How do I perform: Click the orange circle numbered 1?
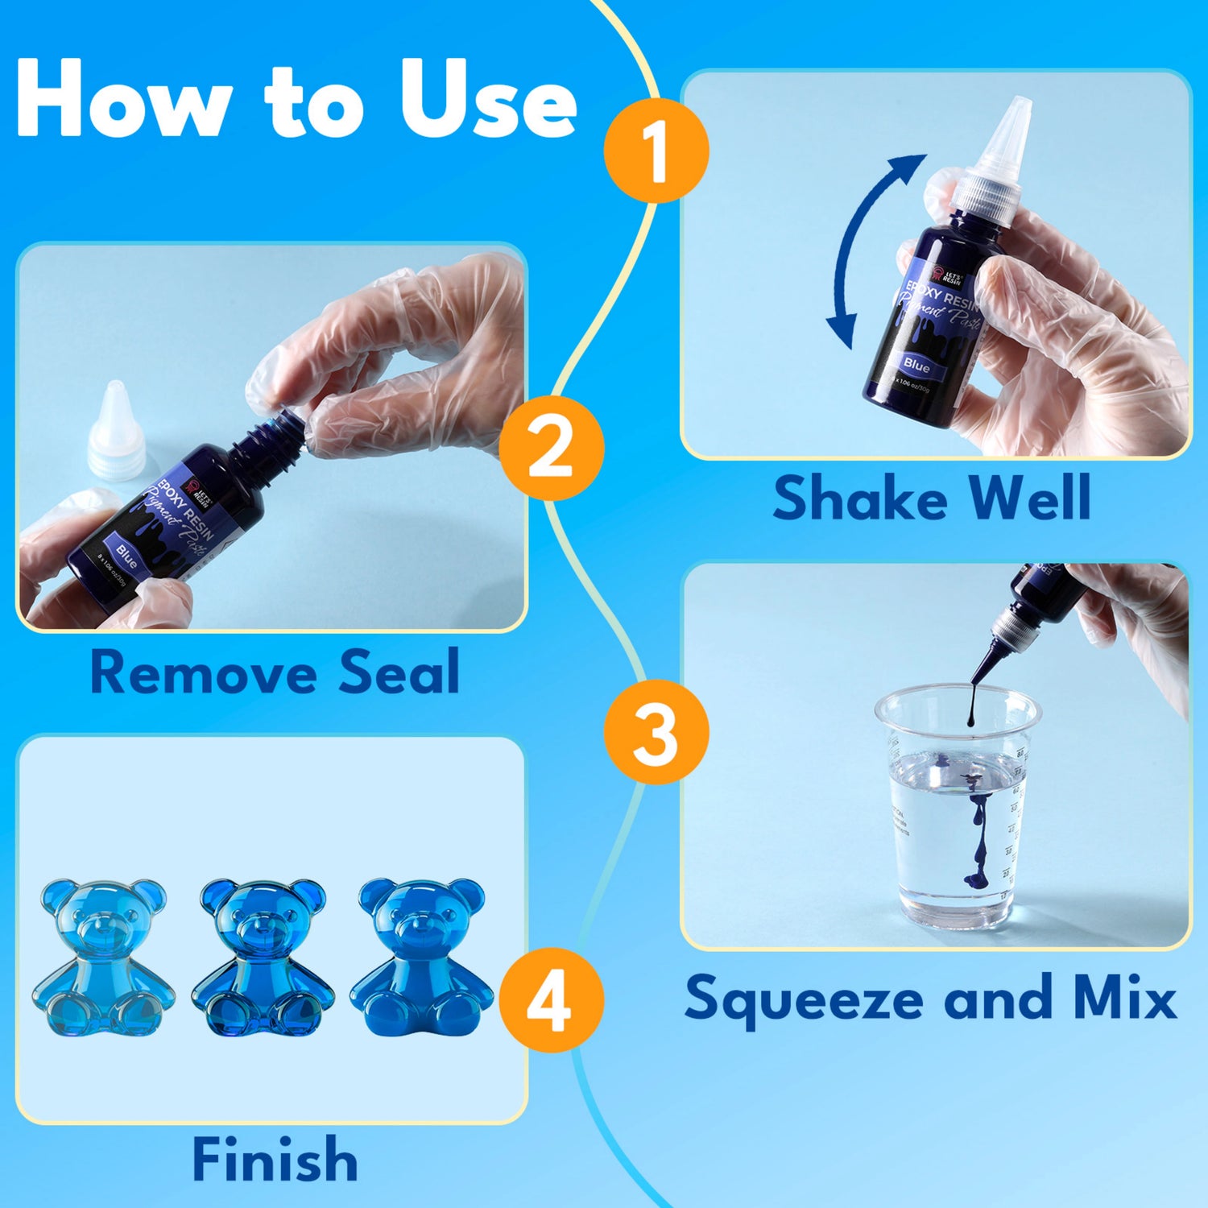pyautogui.click(x=656, y=151)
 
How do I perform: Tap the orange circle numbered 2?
pyautogui.click(x=552, y=448)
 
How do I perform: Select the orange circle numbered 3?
pyautogui.click(x=656, y=732)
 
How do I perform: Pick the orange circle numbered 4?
pyautogui.click(x=552, y=1000)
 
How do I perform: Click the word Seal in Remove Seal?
pyautogui.click(x=399, y=672)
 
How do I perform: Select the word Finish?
pyautogui.click(x=275, y=1160)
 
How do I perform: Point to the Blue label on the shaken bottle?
pyautogui.click(x=916, y=364)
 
